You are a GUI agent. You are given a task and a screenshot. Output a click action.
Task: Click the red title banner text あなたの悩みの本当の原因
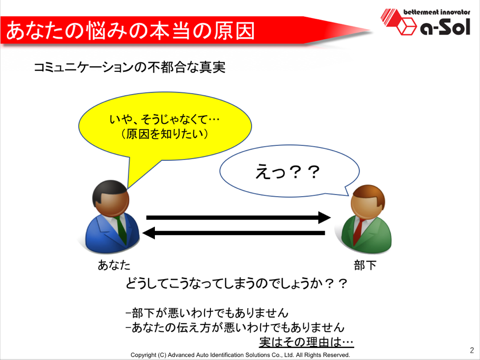[131, 31]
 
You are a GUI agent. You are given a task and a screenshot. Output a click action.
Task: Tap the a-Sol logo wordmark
[445, 26]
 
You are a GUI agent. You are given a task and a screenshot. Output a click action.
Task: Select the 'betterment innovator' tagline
[437, 12]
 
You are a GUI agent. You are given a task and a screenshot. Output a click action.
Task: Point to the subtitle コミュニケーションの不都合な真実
[130, 67]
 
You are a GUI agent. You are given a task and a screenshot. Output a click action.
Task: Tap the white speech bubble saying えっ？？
[289, 171]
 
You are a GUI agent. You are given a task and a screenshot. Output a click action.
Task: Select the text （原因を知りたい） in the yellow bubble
[165, 134]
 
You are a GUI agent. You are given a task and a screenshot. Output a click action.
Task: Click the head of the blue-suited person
[110, 198]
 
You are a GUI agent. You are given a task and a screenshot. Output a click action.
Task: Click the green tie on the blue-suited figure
[121, 230]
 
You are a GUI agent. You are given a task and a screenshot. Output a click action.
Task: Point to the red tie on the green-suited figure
[358, 231]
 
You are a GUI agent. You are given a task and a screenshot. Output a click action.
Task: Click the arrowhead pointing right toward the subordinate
[325, 218]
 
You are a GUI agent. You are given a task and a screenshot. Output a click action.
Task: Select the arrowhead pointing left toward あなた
[149, 233]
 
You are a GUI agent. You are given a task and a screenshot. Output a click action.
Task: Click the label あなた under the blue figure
[114, 265]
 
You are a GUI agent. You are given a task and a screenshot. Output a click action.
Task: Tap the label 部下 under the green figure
[365, 265]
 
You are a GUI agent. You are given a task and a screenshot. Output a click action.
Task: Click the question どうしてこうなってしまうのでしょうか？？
[236, 284]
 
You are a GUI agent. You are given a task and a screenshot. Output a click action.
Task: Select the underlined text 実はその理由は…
[307, 342]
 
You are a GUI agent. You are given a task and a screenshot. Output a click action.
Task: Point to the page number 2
[472, 350]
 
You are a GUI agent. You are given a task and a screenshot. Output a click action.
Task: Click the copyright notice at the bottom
[241, 355]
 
